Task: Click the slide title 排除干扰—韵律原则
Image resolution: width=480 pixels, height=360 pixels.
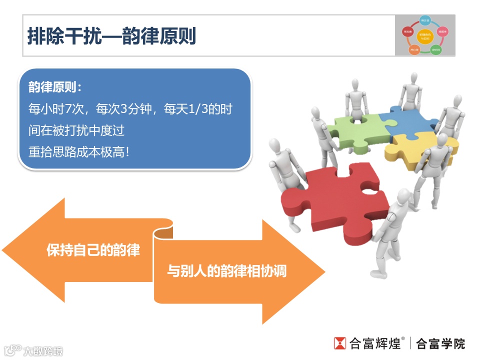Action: pos(111,36)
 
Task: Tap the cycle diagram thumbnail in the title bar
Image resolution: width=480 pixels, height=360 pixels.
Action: pos(424,35)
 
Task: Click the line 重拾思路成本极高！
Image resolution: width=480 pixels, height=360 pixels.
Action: pos(79,152)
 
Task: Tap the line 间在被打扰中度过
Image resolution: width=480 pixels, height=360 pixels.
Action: pos(76,130)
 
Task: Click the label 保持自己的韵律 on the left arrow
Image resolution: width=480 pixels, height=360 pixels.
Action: pos(93,250)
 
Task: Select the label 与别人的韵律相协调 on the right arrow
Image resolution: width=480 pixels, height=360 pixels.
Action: pos(227,271)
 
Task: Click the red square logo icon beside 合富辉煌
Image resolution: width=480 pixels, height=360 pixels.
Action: pos(340,343)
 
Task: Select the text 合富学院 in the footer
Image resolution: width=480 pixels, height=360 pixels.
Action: pos(440,343)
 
